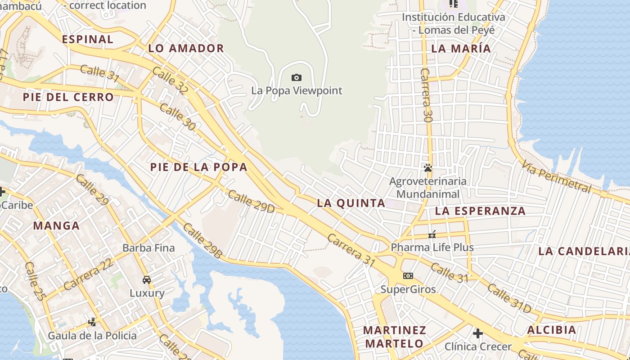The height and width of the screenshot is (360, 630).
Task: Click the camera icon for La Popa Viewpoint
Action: pyautogui.click(x=296, y=78)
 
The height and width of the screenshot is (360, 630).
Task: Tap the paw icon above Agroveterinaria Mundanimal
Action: pyautogui.click(x=427, y=168)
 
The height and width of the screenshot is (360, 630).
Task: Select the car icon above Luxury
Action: pyautogui.click(x=147, y=279)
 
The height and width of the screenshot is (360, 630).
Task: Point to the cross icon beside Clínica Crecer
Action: pyautogui.click(x=478, y=333)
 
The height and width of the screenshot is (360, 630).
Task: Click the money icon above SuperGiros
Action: pyautogui.click(x=408, y=276)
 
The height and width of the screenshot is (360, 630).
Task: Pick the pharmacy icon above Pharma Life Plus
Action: pyautogui.click(x=432, y=234)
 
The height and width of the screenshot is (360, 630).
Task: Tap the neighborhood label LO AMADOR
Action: pyautogui.click(x=186, y=49)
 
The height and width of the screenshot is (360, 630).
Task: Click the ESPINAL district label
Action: pyautogui.click(x=88, y=39)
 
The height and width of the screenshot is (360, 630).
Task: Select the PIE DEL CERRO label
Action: pyautogui.click(x=68, y=97)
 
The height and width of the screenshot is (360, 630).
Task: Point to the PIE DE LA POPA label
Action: pyautogui.click(x=199, y=167)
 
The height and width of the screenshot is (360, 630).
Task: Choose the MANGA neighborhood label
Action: pyautogui.click(x=56, y=226)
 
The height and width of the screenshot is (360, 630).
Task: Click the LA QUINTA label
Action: pyautogui.click(x=351, y=203)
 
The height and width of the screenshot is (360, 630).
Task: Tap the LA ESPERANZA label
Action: pyautogui.click(x=481, y=211)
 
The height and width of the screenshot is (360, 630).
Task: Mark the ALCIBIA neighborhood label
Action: pyautogui.click(x=552, y=330)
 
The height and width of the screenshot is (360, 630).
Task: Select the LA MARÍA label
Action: pyautogui.click(x=461, y=49)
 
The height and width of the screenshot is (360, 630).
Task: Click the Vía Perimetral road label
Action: pyautogui.click(x=556, y=177)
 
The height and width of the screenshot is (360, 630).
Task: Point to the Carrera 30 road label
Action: pyautogui.click(x=426, y=95)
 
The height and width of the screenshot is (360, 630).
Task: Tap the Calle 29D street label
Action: pyautogui.click(x=251, y=201)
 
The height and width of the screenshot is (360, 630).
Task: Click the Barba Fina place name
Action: pyautogui.click(x=148, y=248)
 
